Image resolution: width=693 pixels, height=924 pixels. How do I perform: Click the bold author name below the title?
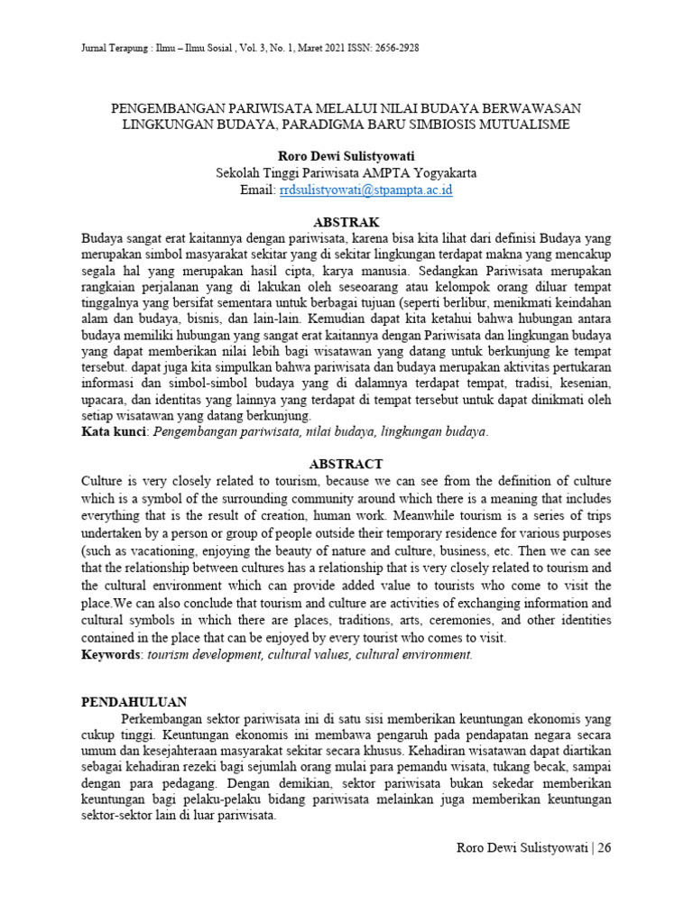tap(346, 156)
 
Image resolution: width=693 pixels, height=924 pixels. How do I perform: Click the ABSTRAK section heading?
tap(346, 222)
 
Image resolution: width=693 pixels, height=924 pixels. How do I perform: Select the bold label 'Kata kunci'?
tap(114, 433)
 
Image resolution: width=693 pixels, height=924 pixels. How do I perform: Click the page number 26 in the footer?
tap(604, 848)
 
